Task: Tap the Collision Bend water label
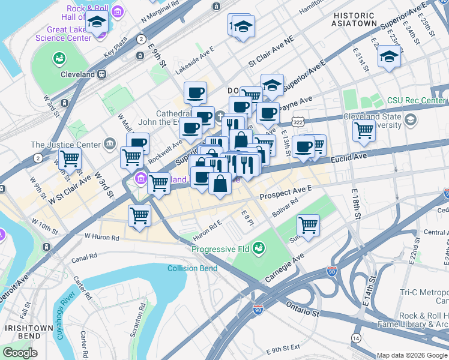[x=192, y=268]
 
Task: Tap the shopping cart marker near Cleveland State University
[x=364, y=130]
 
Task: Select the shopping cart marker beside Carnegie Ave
[x=308, y=225]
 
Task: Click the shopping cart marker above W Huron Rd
[x=140, y=215]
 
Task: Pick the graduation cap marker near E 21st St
[x=389, y=57]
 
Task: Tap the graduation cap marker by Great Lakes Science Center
[x=97, y=22]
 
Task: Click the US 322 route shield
[x=306, y=121]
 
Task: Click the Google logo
[x=20, y=353]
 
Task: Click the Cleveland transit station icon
[x=102, y=74]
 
